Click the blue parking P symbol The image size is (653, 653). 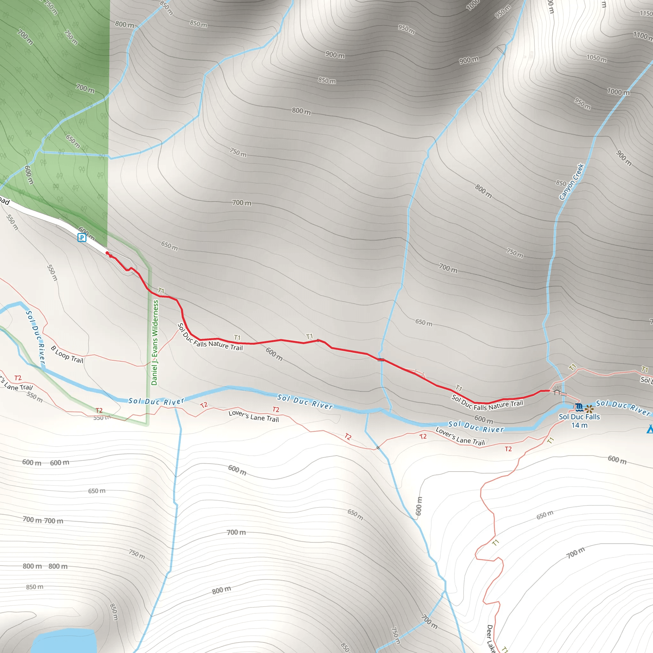[82, 238]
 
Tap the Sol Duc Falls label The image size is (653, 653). [579, 417]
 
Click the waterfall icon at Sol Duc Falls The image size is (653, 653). [578, 407]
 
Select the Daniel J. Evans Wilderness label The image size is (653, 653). [155, 343]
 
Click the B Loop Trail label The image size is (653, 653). [67, 354]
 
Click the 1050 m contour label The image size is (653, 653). [596, 58]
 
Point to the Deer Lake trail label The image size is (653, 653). [491, 638]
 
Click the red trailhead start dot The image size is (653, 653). [107, 253]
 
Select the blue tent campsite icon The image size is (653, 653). [649, 429]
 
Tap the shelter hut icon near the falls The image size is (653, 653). [557, 392]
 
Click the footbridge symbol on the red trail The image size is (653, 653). [381, 360]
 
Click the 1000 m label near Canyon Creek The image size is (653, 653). [618, 92]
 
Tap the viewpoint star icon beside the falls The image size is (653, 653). [589, 409]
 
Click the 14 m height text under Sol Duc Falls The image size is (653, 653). [579, 425]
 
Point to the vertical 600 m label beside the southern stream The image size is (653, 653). [418, 506]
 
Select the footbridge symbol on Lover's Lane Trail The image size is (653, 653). [378, 448]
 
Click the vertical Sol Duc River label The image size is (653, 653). [35, 338]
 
